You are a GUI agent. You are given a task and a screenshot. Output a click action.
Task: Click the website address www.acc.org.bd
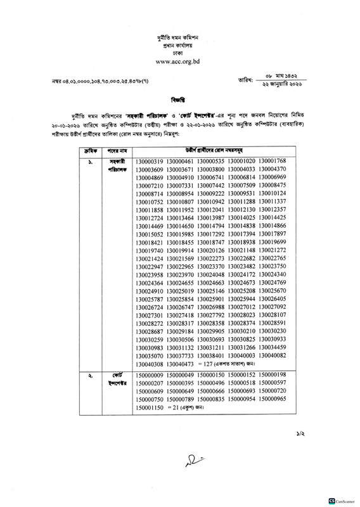coord(180,61)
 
